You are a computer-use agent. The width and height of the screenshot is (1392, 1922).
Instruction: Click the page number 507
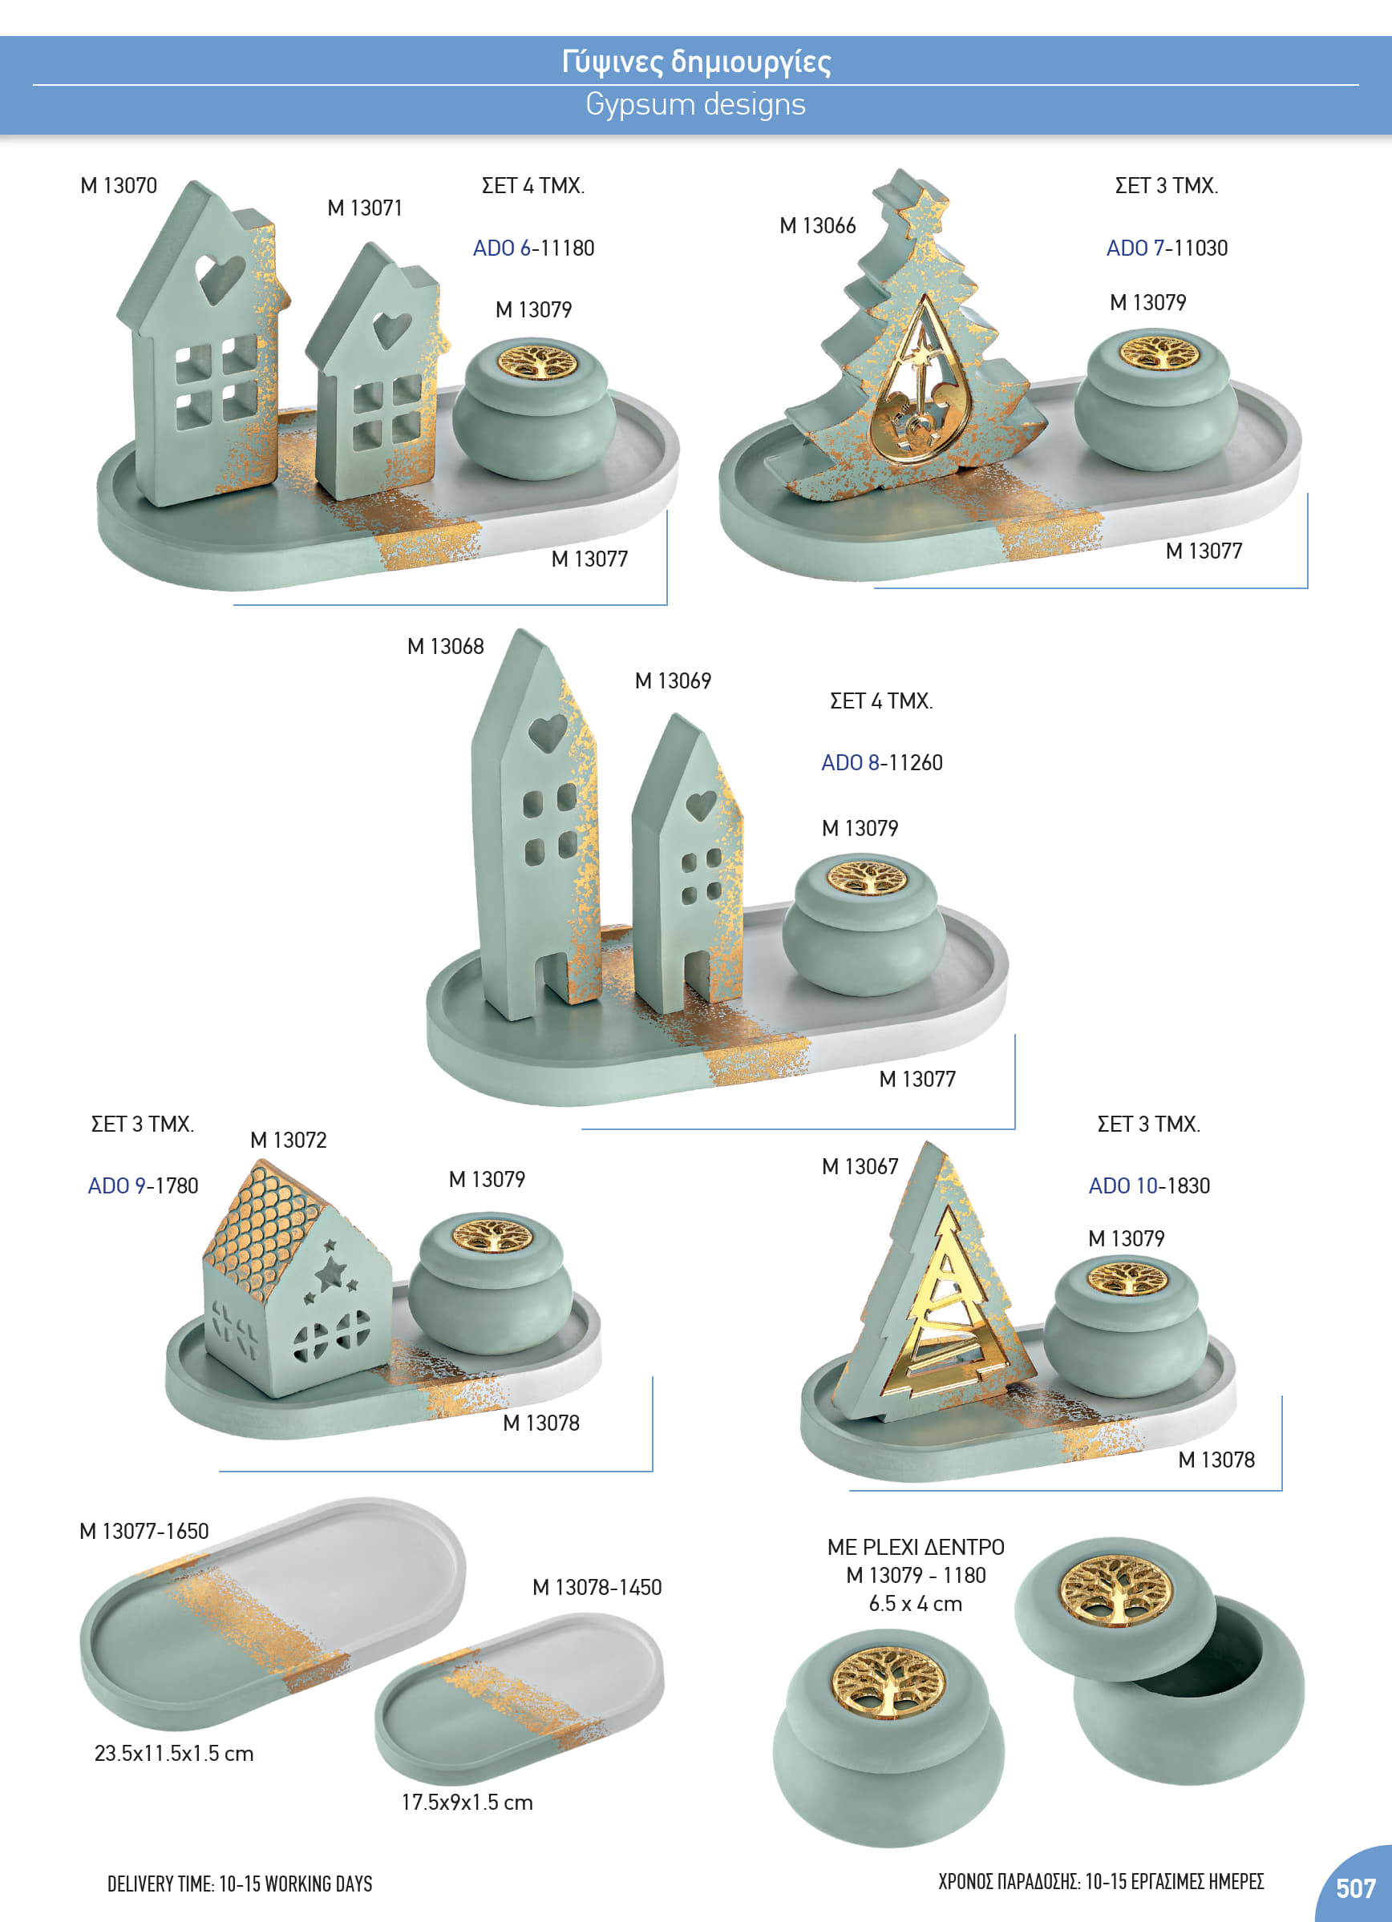click(x=1356, y=1888)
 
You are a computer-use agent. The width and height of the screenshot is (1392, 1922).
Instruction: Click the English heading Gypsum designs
click(x=695, y=104)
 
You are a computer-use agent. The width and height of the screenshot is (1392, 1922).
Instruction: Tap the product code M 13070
click(x=119, y=186)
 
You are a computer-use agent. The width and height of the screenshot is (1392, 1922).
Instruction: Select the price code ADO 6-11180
click(x=533, y=248)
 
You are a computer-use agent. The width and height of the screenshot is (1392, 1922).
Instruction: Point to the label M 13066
click(x=817, y=225)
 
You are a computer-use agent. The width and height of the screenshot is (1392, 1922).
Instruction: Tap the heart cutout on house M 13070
click(x=220, y=277)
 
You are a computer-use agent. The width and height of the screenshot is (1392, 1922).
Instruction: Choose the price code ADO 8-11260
click(x=882, y=763)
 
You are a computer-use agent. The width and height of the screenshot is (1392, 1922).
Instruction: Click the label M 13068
click(x=445, y=647)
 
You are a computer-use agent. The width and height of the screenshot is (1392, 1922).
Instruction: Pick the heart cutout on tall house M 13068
click(x=548, y=733)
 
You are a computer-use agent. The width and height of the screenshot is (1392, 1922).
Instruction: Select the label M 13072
click(x=288, y=1140)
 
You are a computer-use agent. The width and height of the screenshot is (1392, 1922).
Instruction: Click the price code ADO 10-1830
click(x=1149, y=1185)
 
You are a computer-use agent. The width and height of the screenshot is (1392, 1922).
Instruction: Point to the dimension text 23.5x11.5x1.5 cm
click(x=174, y=1754)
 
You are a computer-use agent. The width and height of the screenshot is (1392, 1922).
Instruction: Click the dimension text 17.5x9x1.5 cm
click(x=467, y=1803)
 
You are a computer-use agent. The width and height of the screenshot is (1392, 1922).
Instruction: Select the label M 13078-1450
click(x=597, y=1587)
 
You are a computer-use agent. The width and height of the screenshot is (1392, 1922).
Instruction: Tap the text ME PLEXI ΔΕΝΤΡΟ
click(x=916, y=1548)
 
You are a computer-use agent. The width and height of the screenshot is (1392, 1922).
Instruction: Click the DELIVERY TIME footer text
click(x=240, y=1884)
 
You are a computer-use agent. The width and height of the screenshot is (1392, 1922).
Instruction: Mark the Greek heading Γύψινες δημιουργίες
click(x=696, y=61)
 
